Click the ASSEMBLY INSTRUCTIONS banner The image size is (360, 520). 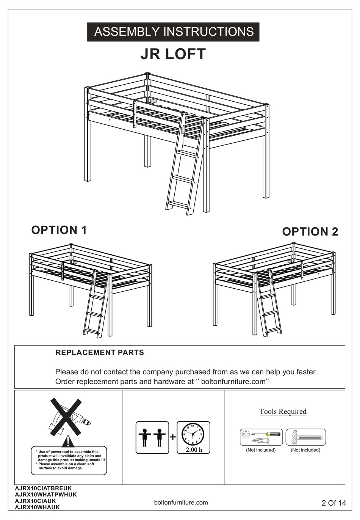174,32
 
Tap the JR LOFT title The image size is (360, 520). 173,54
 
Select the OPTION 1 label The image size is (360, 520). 59,230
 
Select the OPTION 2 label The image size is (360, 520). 310,232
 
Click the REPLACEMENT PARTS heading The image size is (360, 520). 100,353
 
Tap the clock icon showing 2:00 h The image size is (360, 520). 193,437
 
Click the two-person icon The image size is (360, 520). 152,437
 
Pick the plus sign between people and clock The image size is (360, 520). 173,437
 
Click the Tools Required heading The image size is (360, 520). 283,412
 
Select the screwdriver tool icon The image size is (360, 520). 261,437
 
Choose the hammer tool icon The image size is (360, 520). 305,437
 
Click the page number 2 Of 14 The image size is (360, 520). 333,503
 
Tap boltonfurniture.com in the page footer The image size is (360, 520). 181,503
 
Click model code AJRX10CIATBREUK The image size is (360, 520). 43,489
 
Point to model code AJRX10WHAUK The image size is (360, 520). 37,507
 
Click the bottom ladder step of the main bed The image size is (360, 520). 178,204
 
